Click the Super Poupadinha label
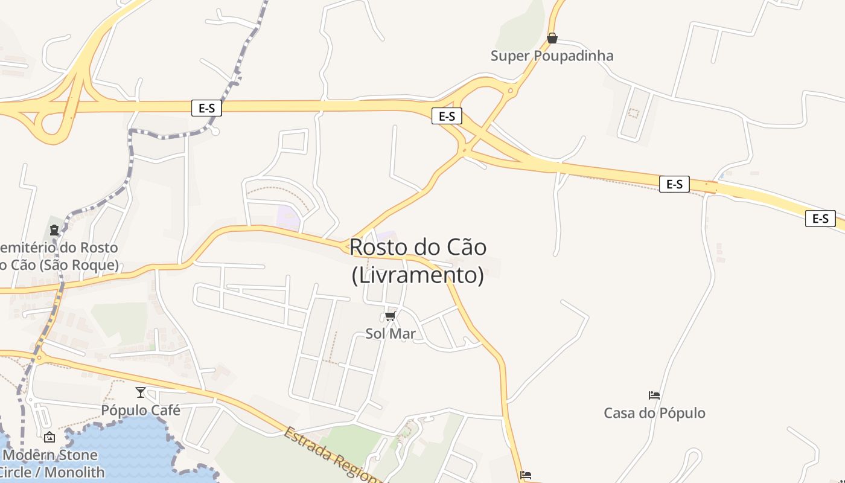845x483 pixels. [552, 56]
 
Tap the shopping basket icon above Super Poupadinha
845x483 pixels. [552, 39]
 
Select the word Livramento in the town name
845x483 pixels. [418, 275]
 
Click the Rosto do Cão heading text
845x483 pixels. [418, 247]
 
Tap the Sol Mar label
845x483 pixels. [391, 334]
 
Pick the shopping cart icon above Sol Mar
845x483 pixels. [391, 316]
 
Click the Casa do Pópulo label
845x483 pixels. [654, 414]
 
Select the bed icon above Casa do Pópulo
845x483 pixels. [654, 396]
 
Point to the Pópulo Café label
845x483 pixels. [141, 411]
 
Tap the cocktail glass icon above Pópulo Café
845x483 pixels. [141, 392]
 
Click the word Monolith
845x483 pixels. [74, 472]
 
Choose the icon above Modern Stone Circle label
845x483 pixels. [49, 437]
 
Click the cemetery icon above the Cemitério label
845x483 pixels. [54, 230]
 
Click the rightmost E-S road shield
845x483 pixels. [820, 219]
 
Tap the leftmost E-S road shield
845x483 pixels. [206, 108]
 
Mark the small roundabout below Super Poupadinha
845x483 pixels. [511, 92]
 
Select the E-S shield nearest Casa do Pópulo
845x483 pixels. [674, 184]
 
